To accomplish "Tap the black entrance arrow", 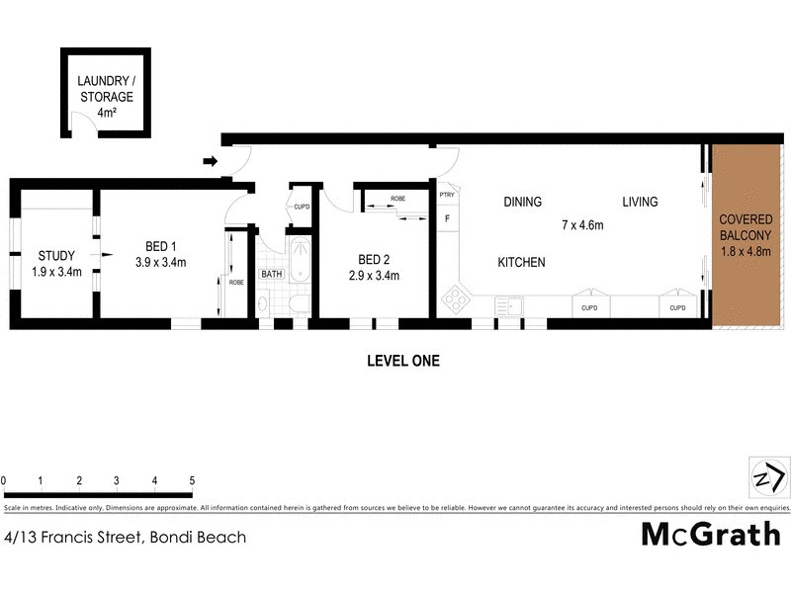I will pos(211,161).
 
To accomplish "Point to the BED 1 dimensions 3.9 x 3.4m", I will pos(160,262).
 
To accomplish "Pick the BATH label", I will pos(272,274).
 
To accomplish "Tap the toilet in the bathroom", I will pos(263,306).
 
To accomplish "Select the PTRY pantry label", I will pos(447,196).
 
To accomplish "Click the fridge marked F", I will pos(447,218).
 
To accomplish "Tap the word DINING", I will pos(522,203).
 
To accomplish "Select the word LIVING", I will pos(640,203).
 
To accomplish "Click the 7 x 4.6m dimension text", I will pos(582,226).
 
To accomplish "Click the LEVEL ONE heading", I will pos(402,362).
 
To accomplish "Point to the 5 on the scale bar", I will pos(192,480).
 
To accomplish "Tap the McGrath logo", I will pos(711,535).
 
